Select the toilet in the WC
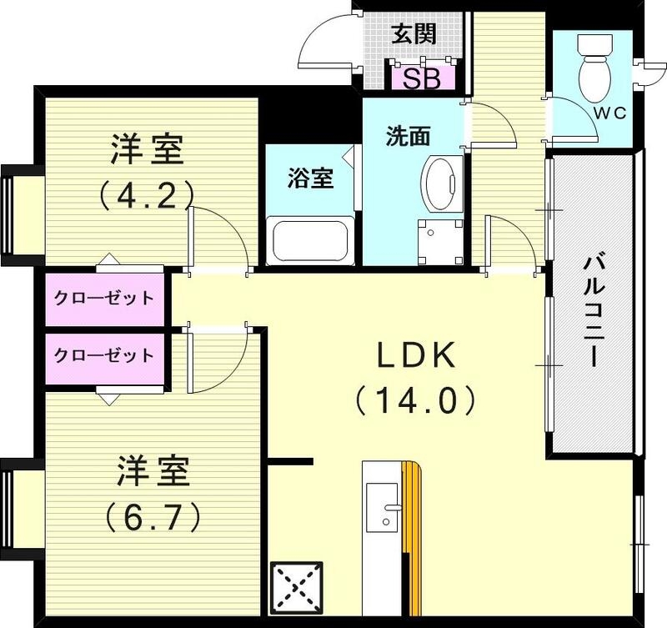(594, 67)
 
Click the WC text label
(610, 113)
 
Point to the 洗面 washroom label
(406, 136)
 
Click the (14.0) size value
(414, 400)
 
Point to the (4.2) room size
(147, 194)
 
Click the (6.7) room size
(153, 517)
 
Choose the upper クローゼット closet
(103, 298)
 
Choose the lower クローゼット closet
(103, 355)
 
